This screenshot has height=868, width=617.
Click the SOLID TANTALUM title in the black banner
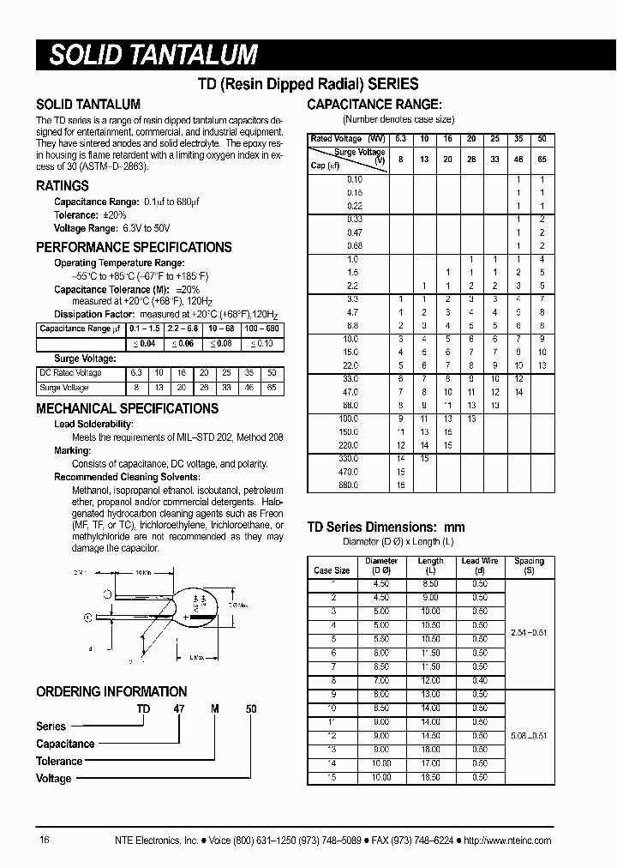pyautogui.click(x=154, y=55)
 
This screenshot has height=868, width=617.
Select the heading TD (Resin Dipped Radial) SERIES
pyautogui.click(x=308, y=84)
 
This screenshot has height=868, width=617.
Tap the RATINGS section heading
pyautogui.click(x=63, y=186)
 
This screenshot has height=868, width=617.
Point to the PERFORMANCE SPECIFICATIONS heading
pyautogui.click(x=134, y=247)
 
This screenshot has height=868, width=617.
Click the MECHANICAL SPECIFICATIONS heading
pyautogui.click(x=128, y=408)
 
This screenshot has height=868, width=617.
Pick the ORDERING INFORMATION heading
pyautogui.click(x=111, y=691)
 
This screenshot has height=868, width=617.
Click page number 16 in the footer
pyautogui.click(x=45, y=841)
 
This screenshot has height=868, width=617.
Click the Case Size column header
pyautogui.click(x=332, y=570)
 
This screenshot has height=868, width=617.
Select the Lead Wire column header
pyautogui.click(x=480, y=565)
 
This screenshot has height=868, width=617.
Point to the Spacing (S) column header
pyautogui.click(x=529, y=565)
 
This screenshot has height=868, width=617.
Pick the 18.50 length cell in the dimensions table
pyautogui.click(x=430, y=777)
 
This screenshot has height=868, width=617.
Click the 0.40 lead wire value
pyautogui.click(x=480, y=680)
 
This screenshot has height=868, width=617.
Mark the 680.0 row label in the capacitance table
pyautogui.click(x=353, y=485)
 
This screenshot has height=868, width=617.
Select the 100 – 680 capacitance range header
pyautogui.click(x=262, y=329)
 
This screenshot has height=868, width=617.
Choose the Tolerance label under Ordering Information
pyautogui.click(x=59, y=762)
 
